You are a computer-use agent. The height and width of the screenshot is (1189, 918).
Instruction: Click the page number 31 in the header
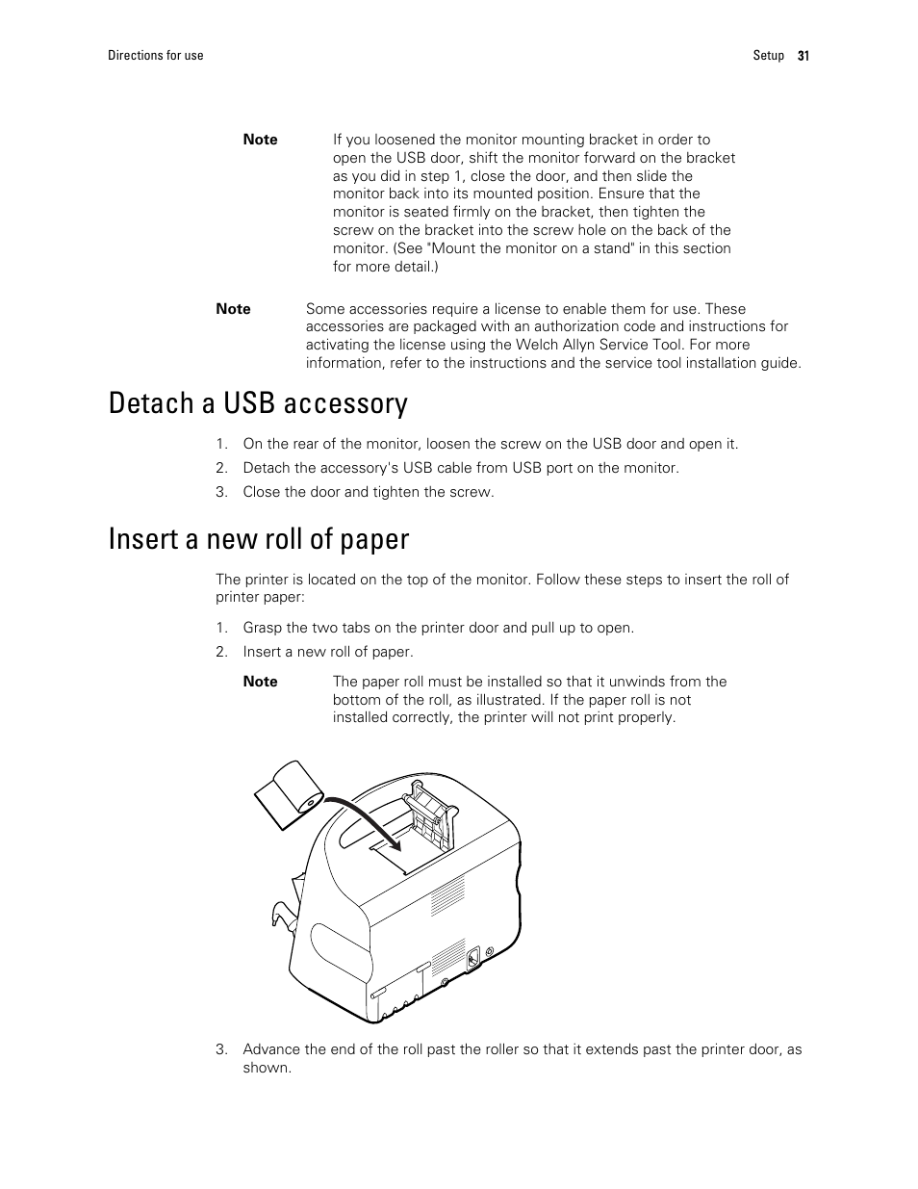pyautogui.click(x=803, y=56)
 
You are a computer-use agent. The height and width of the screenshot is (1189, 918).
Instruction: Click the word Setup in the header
pyautogui.click(x=768, y=56)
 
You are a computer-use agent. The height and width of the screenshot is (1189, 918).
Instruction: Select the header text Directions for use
pyautogui.click(x=155, y=56)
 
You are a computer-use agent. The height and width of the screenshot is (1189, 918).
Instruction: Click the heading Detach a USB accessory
pyautogui.click(x=258, y=402)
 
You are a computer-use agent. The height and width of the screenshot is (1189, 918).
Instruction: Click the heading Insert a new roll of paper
pyautogui.click(x=259, y=538)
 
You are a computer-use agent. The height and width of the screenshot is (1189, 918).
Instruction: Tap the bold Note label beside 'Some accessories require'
pyautogui.click(x=233, y=309)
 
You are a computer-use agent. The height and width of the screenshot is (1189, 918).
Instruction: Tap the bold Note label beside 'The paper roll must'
pyautogui.click(x=260, y=682)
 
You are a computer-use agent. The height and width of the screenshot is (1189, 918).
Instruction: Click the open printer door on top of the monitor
pyautogui.click(x=429, y=814)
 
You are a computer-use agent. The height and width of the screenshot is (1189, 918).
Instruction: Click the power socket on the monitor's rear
pyautogui.click(x=472, y=958)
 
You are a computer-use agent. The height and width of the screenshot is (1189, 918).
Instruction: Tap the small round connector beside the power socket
pyautogui.click(x=491, y=951)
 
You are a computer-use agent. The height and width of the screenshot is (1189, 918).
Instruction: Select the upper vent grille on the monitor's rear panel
pyautogui.click(x=447, y=894)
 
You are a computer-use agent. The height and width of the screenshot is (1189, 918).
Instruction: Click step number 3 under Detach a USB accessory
pyautogui.click(x=221, y=492)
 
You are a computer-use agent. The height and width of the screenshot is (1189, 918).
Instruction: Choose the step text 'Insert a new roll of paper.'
pyautogui.click(x=327, y=652)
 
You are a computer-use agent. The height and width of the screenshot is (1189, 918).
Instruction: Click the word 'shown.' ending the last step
pyautogui.click(x=267, y=1068)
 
